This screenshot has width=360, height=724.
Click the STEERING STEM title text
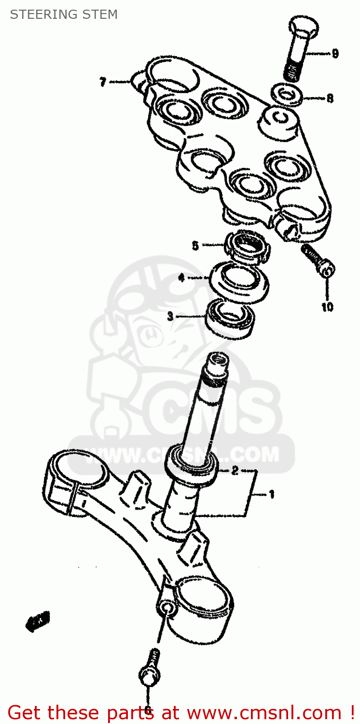coord(64,14)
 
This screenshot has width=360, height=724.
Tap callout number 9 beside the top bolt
coord(335,54)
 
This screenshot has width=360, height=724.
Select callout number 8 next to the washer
coord(330,98)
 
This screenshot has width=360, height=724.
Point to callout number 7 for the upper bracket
coord(102,83)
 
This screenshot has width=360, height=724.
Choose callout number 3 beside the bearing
coord(170,317)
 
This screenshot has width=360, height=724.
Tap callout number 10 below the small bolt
coord(327,306)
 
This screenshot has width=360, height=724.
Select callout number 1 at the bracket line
coord(272,494)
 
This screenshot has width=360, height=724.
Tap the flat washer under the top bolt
coord(288,94)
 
